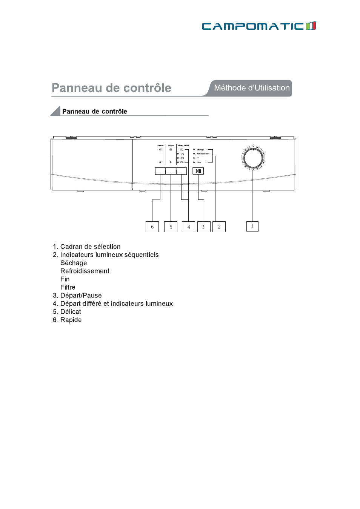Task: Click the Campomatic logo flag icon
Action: click(311, 26)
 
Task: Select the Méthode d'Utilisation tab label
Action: click(252, 88)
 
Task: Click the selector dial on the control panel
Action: click(253, 158)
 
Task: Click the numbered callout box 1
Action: click(252, 226)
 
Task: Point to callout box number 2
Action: click(219, 227)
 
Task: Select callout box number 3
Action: click(203, 227)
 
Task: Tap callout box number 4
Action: click(188, 227)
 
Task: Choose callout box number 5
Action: click(171, 227)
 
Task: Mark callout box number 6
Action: click(152, 227)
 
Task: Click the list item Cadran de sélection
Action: click(90, 247)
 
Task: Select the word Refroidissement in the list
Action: click(85, 271)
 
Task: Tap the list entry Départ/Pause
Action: click(81, 296)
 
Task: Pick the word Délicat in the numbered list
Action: click(71, 312)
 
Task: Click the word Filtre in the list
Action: click(68, 287)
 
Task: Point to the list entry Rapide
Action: click(71, 320)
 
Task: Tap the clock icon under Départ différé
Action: click(182, 150)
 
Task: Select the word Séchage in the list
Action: click(74, 263)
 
